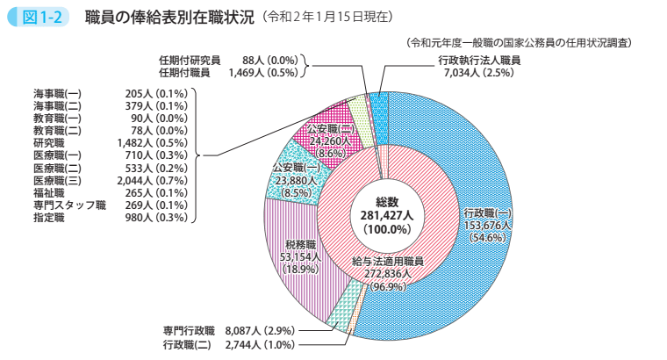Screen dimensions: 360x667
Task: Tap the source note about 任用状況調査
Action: click(x=520, y=41)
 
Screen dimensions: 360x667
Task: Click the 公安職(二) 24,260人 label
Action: click(x=329, y=140)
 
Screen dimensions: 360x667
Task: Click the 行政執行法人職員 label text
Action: click(x=479, y=60)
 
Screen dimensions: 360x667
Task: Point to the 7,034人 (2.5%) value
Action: click(x=478, y=73)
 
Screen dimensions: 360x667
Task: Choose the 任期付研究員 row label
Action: click(x=190, y=60)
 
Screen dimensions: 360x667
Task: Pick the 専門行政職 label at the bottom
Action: click(x=189, y=330)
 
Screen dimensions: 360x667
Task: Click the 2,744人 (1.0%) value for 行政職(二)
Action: click(x=261, y=344)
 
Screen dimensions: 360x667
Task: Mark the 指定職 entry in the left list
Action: click(x=49, y=216)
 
